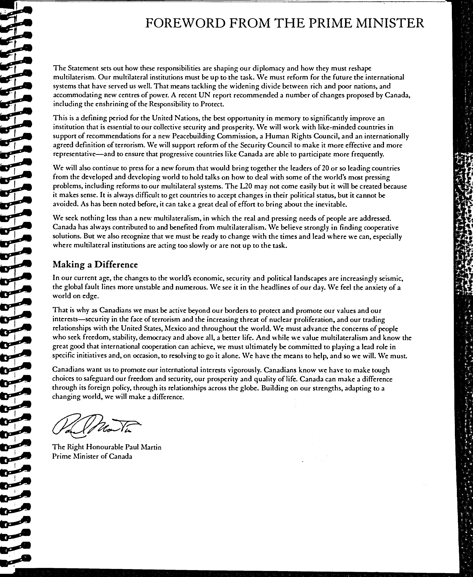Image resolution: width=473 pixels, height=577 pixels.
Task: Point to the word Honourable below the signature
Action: click(x=105, y=447)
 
